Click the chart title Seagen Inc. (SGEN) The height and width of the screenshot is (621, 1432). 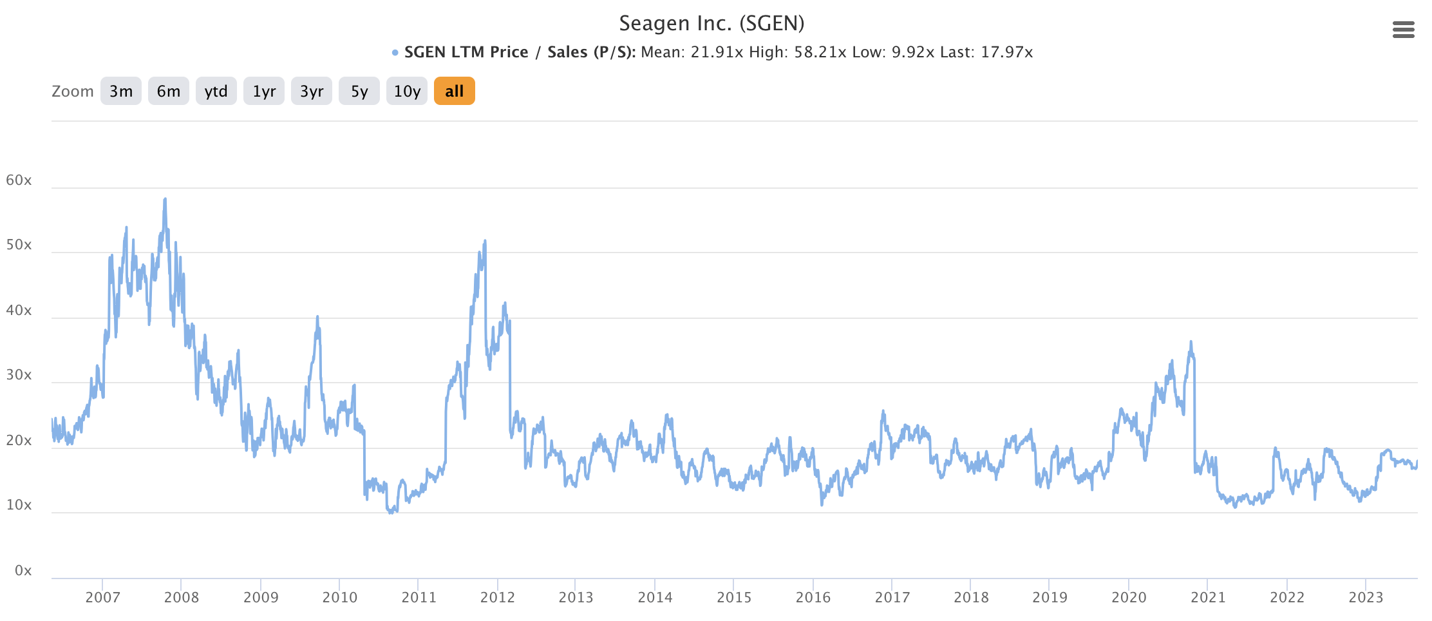coord(711,23)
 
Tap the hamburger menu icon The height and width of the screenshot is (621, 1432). coord(1403,30)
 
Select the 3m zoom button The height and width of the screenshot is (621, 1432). coord(121,91)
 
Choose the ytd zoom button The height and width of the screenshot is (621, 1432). coord(216,91)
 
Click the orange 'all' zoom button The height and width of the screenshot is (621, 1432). coord(454,91)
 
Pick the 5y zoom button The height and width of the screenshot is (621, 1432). coord(359,91)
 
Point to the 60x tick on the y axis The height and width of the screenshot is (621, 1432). coord(19,180)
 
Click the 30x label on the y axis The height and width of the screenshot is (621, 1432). coord(19,375)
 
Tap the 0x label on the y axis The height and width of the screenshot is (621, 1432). coord(23,570)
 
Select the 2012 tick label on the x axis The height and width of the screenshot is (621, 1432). coord(497,597)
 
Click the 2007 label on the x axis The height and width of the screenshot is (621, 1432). coord(102,597)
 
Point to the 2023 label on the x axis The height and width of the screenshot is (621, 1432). coord(1366,597)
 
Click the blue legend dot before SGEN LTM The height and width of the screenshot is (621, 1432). coord(395,53)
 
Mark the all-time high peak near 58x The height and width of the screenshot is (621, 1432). coord(165,200)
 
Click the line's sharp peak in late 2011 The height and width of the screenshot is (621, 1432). coord(485,242)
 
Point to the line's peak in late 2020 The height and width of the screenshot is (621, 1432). coord(1191,342)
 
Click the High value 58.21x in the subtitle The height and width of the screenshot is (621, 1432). coord(820,52)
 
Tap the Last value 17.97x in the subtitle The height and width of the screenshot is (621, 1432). coord(1006,52)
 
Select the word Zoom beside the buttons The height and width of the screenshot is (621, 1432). coord(72,91)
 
